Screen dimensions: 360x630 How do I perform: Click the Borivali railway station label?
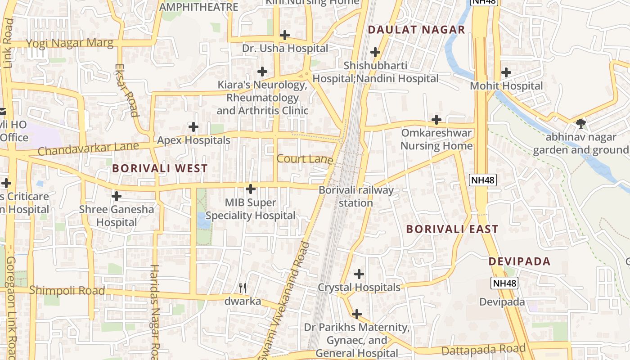(x=356, y=196)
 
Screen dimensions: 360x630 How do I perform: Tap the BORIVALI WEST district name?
(x=160, y=168)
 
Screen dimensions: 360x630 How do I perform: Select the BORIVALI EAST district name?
(x=452, y=229)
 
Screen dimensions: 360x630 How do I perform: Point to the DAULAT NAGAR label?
(x=416, y=30)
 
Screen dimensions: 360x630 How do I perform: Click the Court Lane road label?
(x=305, y=159)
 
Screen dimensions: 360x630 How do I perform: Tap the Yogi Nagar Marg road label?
(x=70, y=44)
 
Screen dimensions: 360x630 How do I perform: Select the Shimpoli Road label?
(x=67, y=290)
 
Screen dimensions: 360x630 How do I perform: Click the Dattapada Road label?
(x=483, y=349)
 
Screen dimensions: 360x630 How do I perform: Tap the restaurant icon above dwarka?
(x=243, y=288)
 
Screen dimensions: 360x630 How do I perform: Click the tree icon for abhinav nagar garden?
(x=580, y=123)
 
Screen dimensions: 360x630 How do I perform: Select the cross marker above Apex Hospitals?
(x=193, y=127)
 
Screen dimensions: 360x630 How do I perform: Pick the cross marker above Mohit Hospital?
(x=506, y=72)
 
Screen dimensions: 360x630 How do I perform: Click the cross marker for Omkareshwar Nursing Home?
(x=436, y=120)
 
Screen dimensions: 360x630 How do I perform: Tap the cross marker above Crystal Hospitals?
(x=359, y=274)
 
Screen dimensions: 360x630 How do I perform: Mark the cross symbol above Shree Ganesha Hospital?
(x=117, y=196)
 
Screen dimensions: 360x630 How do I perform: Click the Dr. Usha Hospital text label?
(x=285, y=48)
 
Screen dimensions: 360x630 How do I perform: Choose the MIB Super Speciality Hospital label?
(x=251, y=209)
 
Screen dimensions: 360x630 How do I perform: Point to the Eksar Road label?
(x=126, y=90)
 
